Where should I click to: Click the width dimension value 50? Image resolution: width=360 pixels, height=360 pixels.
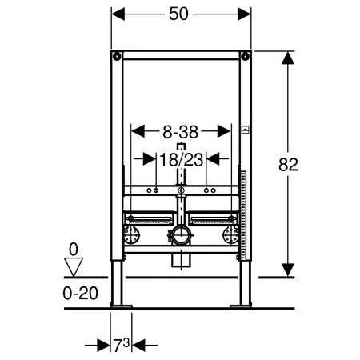pyautogui.click(x=178, y=14)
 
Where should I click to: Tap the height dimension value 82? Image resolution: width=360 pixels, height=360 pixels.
pyautogui.click(x=288, y=165)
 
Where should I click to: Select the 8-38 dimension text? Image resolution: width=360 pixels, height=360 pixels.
pyautogui.click(x=181, y=132)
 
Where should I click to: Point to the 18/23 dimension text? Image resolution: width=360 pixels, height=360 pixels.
pyautogui.click(x=182, y=160)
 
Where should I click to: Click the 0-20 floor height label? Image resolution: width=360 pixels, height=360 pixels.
pyautogui.click(x=81, y=294)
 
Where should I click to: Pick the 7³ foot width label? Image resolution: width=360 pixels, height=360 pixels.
pyautogui.click(x=122, y=345)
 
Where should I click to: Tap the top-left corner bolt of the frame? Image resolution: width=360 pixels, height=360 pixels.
pyautogui.click(x=117, y=56)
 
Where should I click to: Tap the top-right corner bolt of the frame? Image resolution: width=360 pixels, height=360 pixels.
pyautogui.click(x=245, y=56)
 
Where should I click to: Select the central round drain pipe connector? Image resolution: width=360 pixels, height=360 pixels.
pyautogui.click(x=181, y=234)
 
